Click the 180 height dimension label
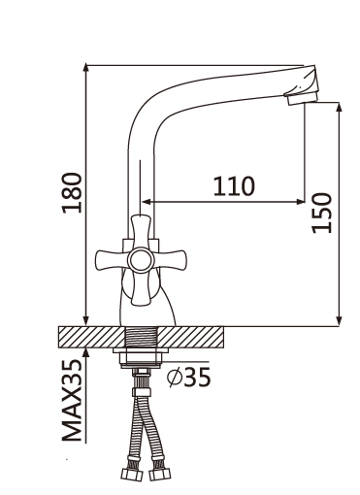72,192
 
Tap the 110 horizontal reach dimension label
234,186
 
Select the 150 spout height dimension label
322,213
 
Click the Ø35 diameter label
189,377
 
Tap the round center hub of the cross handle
140,260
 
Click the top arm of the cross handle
141,231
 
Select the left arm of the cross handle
112,260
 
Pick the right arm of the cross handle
170,260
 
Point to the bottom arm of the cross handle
142,288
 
